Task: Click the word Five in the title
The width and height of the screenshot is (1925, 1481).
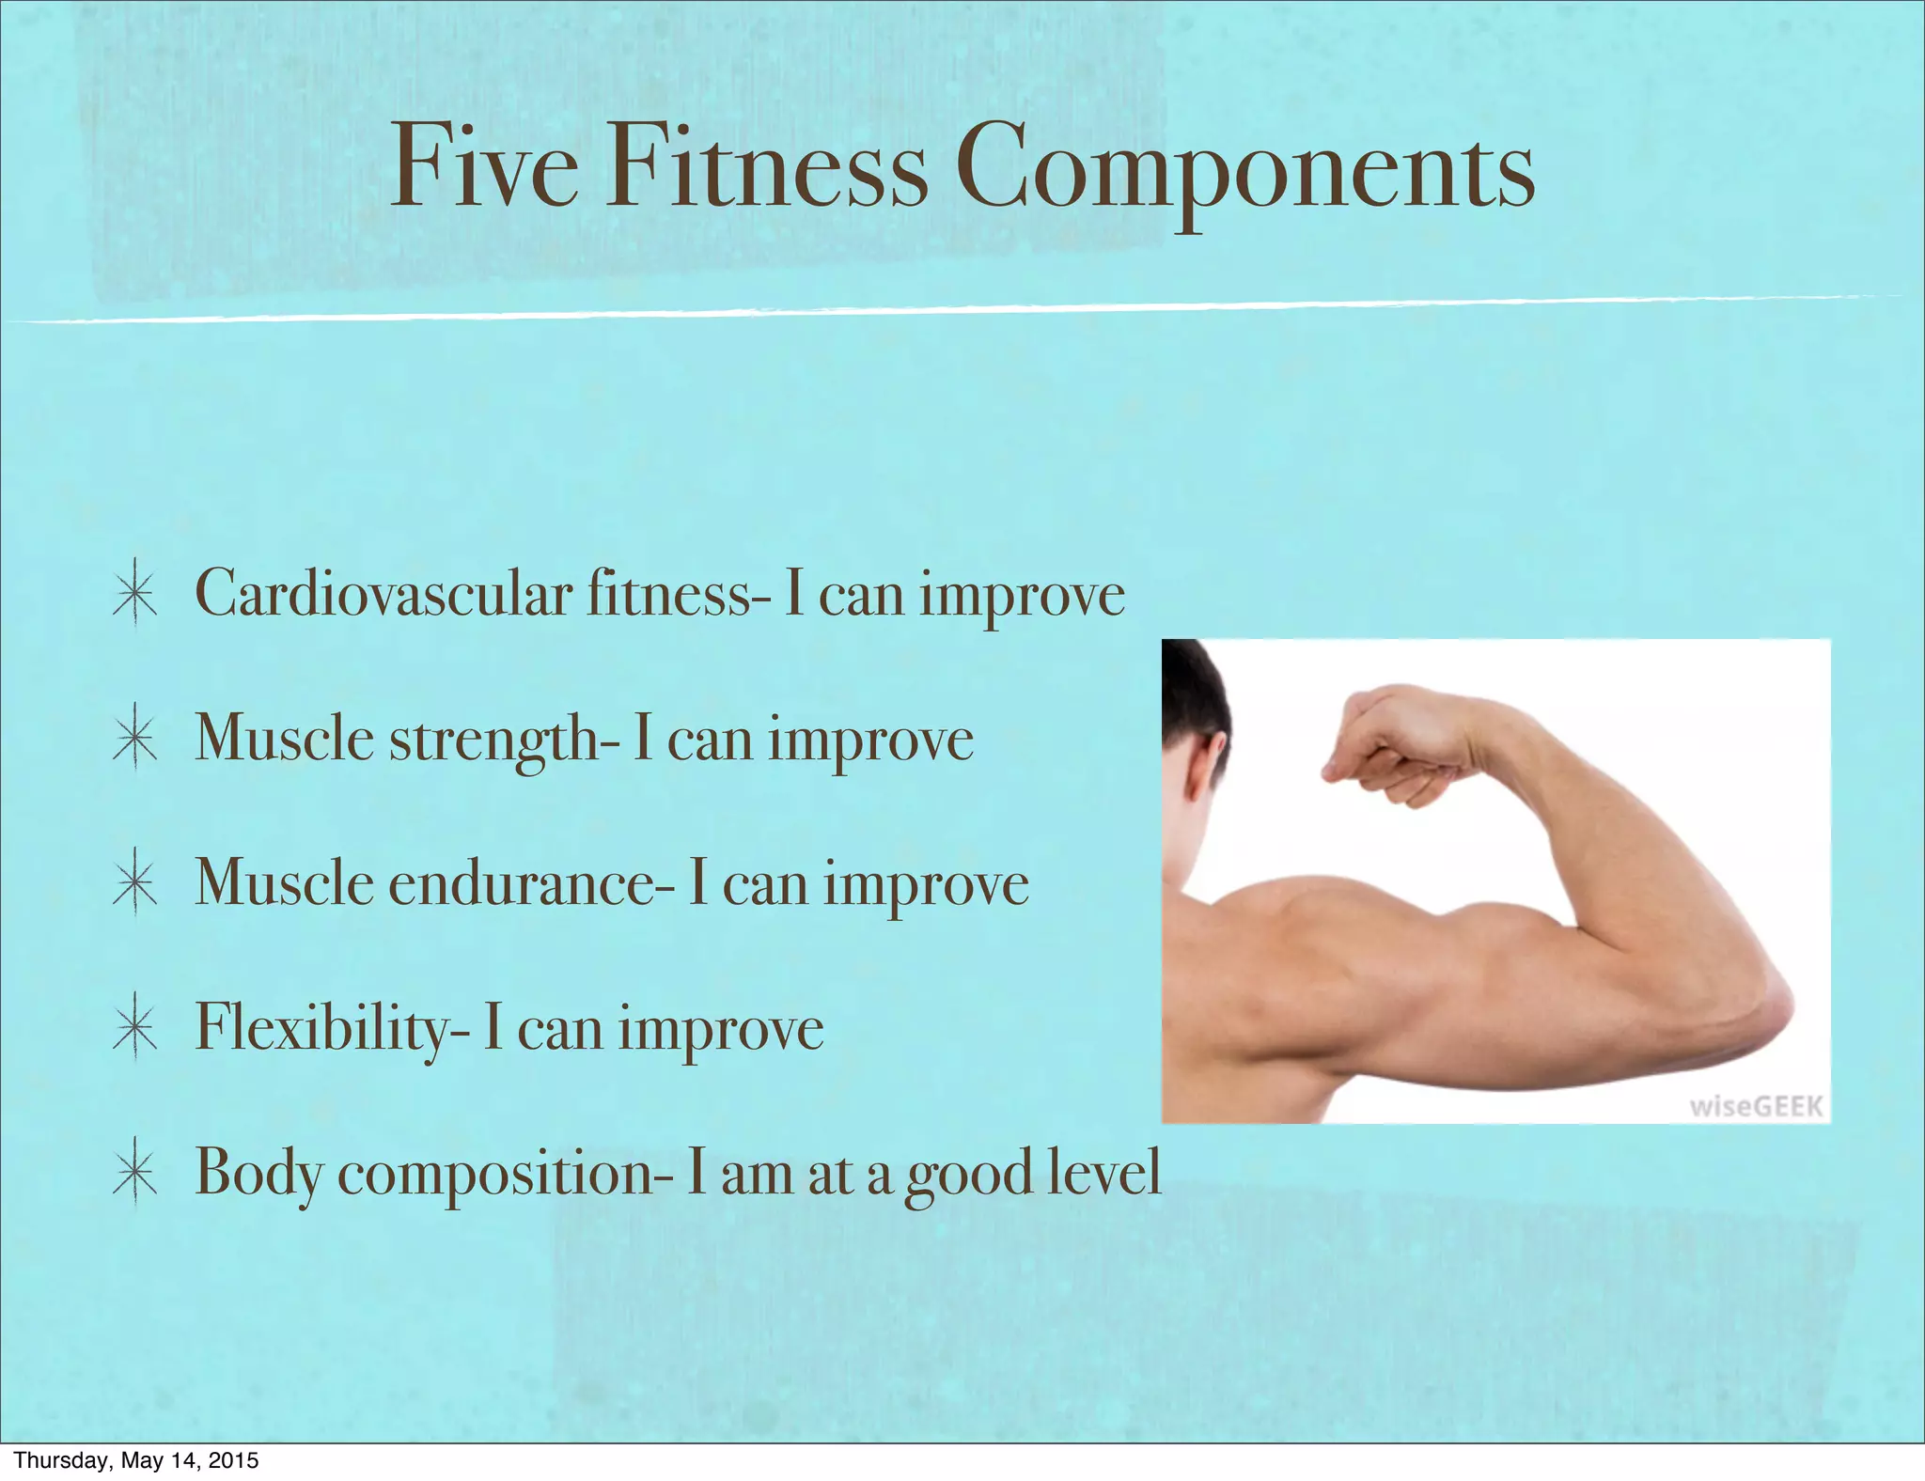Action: coord(484,167)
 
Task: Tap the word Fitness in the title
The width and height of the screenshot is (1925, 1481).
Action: coord(766,167)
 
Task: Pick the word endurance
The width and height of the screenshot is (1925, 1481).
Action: coord(531,884)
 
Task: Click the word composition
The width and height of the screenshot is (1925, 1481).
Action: coord(505,1176)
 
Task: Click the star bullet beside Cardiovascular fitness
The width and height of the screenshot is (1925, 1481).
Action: coord(134,595)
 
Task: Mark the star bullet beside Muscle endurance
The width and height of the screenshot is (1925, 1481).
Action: coord(134,884)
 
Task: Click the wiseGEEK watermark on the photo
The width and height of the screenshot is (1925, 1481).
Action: coord(1756,1106)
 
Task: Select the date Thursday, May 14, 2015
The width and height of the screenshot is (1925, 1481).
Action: coord(136,1460)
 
